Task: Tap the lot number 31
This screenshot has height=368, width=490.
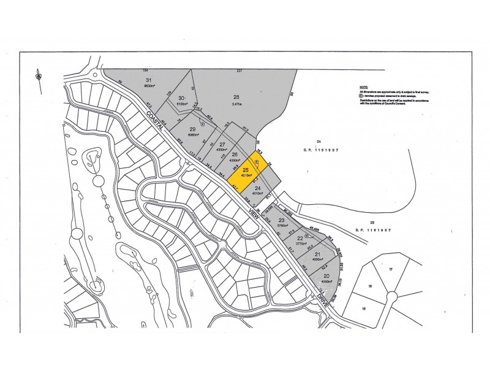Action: [148, 81]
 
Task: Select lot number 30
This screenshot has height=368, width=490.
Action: [181, 98]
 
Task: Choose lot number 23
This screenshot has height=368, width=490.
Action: [281, 220]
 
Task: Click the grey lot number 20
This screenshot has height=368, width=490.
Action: [326, 276]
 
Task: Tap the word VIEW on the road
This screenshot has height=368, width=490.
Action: [252, 212]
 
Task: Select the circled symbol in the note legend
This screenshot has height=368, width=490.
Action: [362, 96]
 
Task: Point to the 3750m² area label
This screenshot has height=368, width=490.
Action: [282, 225]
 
